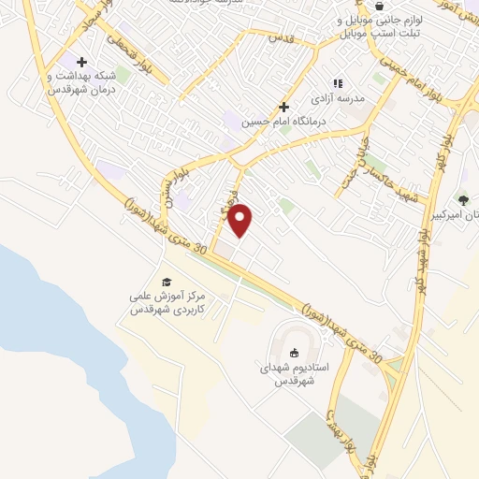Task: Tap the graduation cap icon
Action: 167,282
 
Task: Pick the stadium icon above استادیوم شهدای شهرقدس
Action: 296,353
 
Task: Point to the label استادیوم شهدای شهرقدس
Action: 296,375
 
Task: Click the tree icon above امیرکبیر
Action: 463,199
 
